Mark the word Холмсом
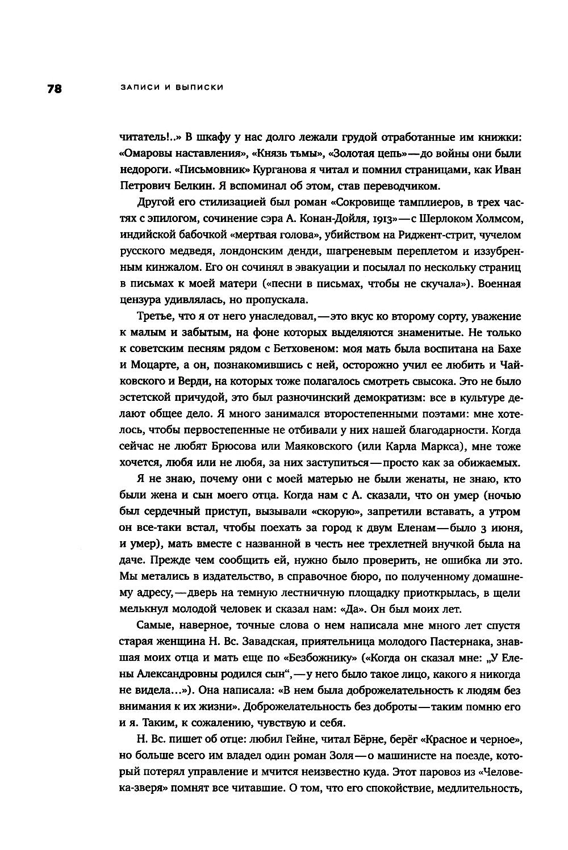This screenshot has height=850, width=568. pyautogui.click(x=494, y=219)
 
